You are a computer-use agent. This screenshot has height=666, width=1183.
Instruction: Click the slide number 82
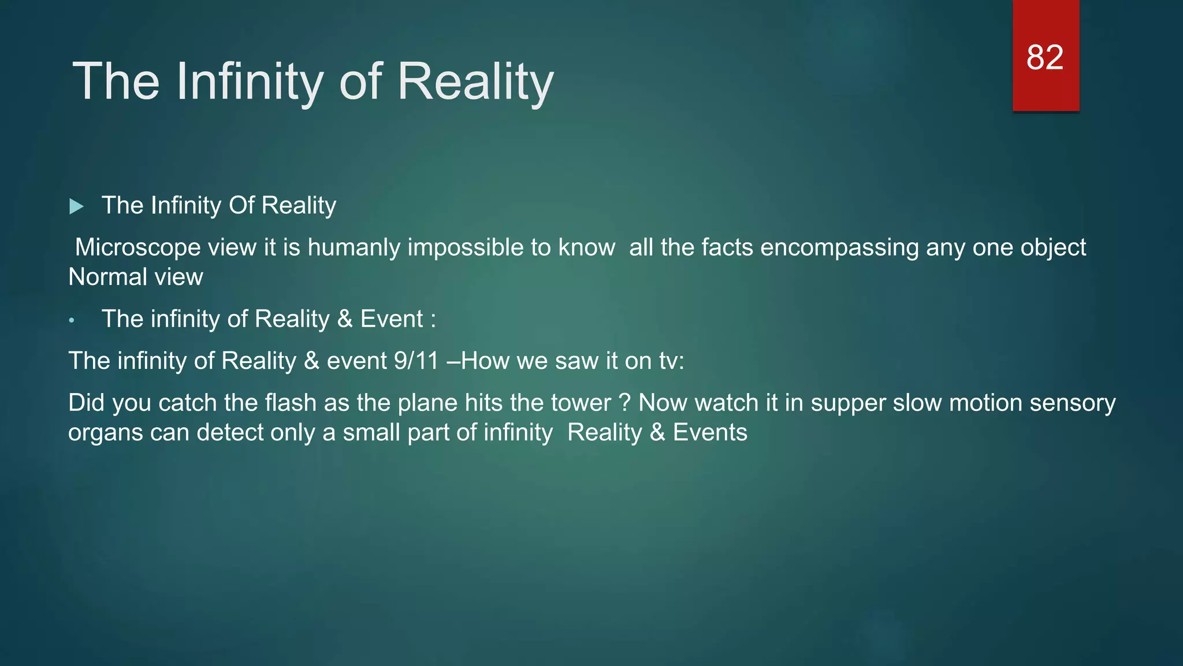click(x=1044, y=58)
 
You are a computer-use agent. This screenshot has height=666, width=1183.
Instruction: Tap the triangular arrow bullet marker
click(x=76, y=206)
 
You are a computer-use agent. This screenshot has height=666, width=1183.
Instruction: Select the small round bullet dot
click(x=72, y=321)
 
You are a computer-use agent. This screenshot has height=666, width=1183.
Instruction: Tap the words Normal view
click(x=136, y=277)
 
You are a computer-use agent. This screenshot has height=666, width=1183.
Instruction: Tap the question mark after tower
click(x=624, y=403)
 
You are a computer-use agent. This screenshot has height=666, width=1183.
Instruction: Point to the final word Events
click(x=710, y=432)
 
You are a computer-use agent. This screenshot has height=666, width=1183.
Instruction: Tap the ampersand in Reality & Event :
click(x=345, y=319)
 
